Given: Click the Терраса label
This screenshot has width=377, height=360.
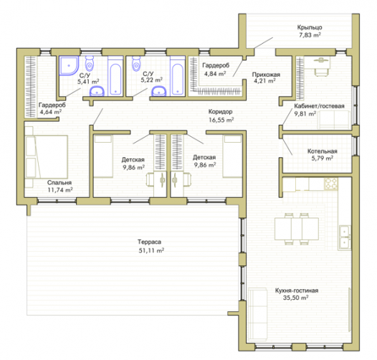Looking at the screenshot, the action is pyautogui.click(x=149, y=242).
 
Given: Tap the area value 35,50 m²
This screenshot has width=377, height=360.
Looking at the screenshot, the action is pyautogui.click(x=295, y=298).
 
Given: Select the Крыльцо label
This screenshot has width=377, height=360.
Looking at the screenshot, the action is pyautogui.click(x=310, y=27).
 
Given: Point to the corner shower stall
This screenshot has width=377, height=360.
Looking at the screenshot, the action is pyautogui.click(x=69, y=65).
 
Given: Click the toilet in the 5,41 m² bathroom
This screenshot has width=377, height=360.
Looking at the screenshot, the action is pyautogui.click(x=90, y=63).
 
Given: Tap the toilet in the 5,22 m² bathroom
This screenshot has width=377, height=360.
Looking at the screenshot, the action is pyautogui.click(x=136, y=63).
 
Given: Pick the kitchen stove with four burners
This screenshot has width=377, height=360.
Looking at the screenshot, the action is pyautogui.click(x=331, y=184).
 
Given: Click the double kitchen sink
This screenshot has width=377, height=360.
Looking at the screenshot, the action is pyautogui.click(x=345, y=237).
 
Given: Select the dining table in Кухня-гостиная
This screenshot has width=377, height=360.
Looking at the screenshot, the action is pyautogui.click(x=297, y=229).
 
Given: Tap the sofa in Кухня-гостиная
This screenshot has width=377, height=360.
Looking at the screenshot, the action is pyautogui.click(x=257, y=315).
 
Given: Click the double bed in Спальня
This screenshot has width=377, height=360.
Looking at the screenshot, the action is pyautogui.click(x=47, y=156).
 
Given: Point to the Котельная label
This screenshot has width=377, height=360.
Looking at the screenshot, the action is pyautogui.click(x=323, y=151).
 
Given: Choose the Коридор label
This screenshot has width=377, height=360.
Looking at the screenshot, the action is pyautogui.click(x=220, y=112).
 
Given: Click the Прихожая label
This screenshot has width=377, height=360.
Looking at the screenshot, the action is pyautogui.click(x=266, y=75).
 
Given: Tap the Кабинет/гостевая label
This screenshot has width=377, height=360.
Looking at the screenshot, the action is pyautogui.click(x=319, y=106).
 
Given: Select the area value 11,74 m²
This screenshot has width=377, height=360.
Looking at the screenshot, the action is pyautogui.click(x=60, y=190).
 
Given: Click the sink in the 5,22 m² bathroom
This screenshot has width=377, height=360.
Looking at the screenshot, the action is pyautogui.click(x=158, y=92).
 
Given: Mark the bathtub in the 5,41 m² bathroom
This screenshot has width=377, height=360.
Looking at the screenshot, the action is pyautogui.click(x=115, y=76).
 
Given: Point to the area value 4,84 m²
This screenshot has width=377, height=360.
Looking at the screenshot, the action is pyautogui.click(x=215, y=74).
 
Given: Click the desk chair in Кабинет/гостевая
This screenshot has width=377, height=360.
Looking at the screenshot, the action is pyautogui.click(x=321, y=71).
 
